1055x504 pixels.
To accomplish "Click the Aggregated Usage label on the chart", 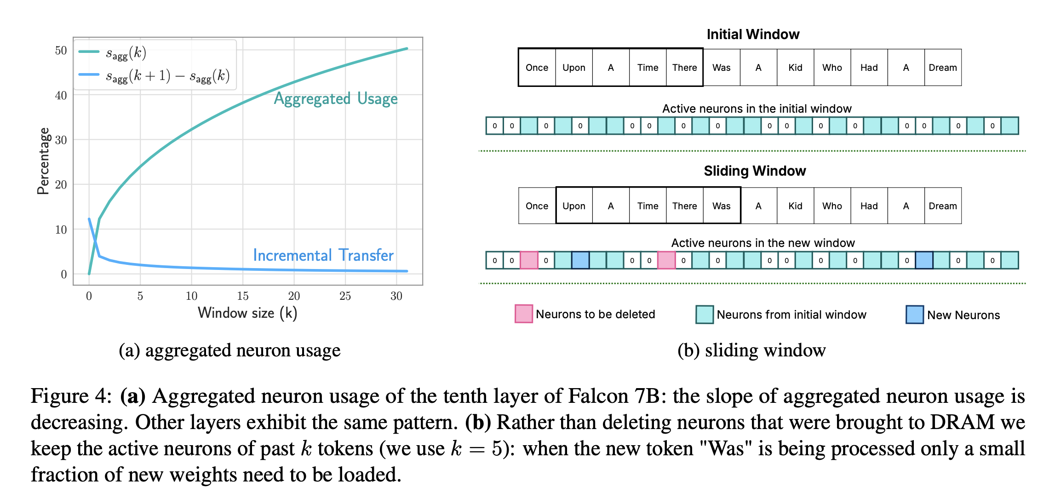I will [x=336, y=99].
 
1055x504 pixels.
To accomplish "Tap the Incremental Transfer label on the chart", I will [x=323, y=255].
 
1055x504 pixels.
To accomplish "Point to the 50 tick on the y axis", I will [x=61, y=51].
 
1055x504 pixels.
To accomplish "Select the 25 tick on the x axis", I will [x=345, y=296].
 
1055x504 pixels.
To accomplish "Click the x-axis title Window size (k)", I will [x=247, y=313].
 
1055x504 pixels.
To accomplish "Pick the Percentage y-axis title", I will [x=44, y=161].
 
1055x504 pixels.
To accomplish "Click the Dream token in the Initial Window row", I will [x=942, y=68].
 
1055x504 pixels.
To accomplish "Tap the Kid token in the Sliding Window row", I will [x=795, y=206].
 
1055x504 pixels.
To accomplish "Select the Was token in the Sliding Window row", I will [x=721, y=206].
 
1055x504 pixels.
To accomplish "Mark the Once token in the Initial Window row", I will [x=537, y=68].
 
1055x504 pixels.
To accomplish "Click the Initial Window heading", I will [x=753, y=34].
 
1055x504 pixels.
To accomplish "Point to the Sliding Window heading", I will [x=755, y=171].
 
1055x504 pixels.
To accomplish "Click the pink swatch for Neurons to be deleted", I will [x=524, y=314].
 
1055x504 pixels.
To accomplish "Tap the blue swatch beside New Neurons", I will [x=914, y=315].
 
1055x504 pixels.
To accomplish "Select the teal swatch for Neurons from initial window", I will [x=705, y=315].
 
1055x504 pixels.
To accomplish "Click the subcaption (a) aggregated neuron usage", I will [x=229, y=350].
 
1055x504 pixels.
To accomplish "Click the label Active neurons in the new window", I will [x=763, y=243].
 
